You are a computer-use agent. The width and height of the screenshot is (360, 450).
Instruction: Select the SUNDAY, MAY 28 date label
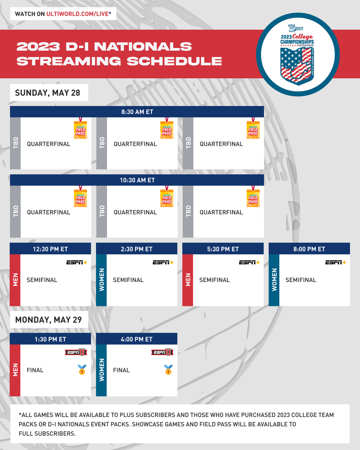48,93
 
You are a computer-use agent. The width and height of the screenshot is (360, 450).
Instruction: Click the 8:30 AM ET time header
137,112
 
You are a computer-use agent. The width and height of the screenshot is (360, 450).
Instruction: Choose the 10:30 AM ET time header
137,180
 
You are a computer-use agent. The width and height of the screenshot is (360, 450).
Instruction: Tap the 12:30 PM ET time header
50,249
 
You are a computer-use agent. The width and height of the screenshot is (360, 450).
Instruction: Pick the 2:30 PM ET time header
137,249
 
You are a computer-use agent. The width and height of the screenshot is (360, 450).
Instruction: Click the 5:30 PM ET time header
223,249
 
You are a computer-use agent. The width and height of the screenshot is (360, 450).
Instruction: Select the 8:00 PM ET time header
309,249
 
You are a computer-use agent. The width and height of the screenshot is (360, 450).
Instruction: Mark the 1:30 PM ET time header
50,339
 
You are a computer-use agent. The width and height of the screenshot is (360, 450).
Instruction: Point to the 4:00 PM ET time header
137,339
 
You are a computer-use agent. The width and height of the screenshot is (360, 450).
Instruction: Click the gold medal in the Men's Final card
82,370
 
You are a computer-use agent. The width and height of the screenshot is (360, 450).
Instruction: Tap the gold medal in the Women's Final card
168,370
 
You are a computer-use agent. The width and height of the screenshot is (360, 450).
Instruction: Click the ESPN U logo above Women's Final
162,352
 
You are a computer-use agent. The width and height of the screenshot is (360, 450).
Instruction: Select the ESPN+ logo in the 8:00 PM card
335,262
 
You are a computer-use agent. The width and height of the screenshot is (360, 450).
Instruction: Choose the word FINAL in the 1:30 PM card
35,370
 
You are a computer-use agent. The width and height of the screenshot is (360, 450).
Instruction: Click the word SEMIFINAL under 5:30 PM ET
214,280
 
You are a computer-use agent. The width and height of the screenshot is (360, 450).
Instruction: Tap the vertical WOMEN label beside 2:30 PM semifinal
102,280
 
